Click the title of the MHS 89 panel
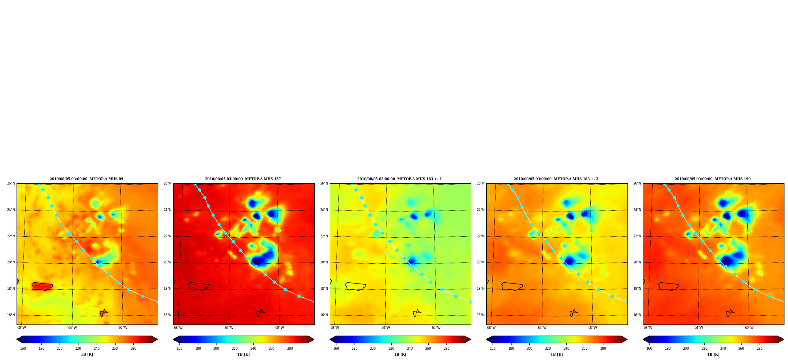coord(86,179)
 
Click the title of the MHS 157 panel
coord(243,179)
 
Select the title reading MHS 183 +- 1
coord(400,179)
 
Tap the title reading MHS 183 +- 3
coord(556,179)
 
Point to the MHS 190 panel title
coord(713,179)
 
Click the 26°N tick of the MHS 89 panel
coord(11,183)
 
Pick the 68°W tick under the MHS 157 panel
coord(178,328)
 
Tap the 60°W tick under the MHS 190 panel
coord(749,328)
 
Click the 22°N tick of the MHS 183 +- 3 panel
coord(481,236)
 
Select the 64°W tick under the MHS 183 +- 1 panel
coord(385,328)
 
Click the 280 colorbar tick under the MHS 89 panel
coord(133,349)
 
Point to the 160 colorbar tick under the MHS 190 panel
coord(649,349)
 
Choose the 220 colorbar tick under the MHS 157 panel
coord(235,349)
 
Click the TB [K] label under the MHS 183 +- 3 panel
coord(556,354)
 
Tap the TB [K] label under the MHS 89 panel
coord(87,354)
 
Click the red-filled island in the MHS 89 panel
coord(42,286)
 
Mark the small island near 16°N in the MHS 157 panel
coord(260,313)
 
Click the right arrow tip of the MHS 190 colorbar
coord(784,339)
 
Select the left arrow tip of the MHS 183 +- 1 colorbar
coord(330,339)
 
